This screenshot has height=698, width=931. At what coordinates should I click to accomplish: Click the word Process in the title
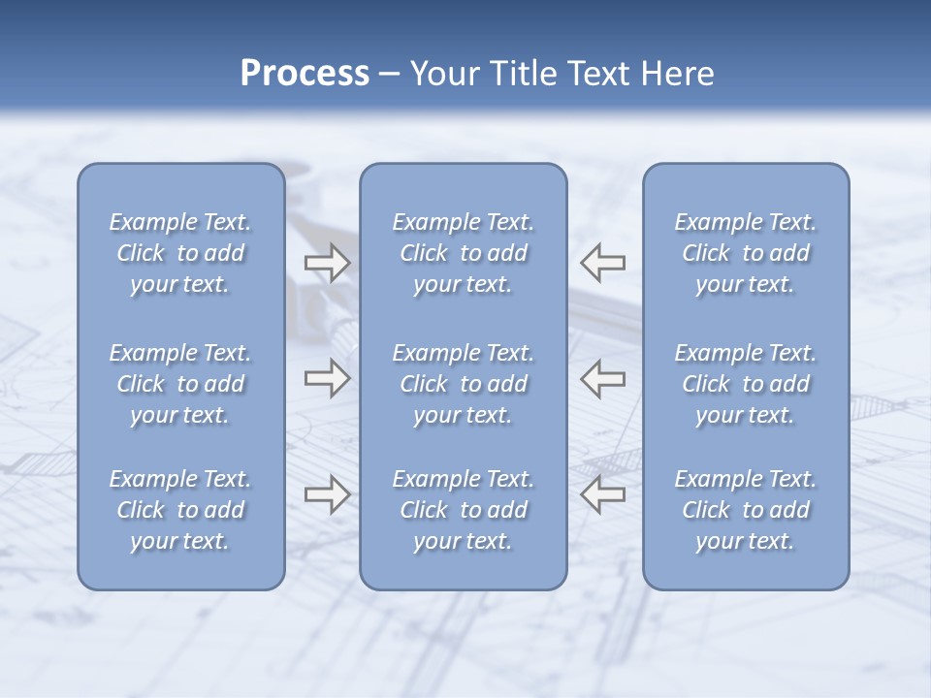[x=305, y=74]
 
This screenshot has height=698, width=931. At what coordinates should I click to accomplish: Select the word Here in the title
[x=676, y=74]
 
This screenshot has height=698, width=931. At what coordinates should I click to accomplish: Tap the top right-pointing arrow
[x=327, y=263]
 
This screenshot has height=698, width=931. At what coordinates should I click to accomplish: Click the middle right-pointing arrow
[x=327, y=378]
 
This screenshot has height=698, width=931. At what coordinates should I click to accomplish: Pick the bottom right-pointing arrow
[x=327, y=494]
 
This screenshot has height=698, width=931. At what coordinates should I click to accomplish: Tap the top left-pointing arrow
[x=603, y=262]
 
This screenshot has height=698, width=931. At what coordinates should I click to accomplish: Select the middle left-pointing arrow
[x=603, y=378]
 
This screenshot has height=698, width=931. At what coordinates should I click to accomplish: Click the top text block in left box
[x=180, y=253]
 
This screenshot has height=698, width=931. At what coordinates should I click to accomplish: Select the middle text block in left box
[x=180, y=384]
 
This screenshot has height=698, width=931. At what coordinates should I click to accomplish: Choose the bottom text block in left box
[x=180, y=510]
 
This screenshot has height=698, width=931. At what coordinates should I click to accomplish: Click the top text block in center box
[x=463, y=253]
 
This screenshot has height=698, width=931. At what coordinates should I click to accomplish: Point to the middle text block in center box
[x=463, y=384]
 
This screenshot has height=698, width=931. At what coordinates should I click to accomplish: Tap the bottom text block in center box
[x=463, y=510]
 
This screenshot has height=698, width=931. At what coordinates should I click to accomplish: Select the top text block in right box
[x=746, y=253]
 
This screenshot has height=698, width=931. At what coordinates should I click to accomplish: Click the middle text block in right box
[x=746, y=384]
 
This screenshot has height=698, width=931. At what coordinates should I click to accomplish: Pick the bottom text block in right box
[x=746, y=510]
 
